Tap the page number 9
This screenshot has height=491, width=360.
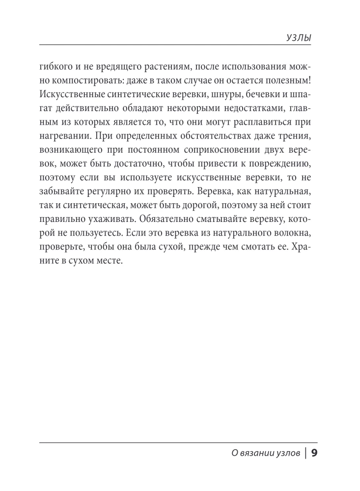tap(315, 453)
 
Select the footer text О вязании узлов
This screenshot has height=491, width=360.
tap(266, 454)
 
